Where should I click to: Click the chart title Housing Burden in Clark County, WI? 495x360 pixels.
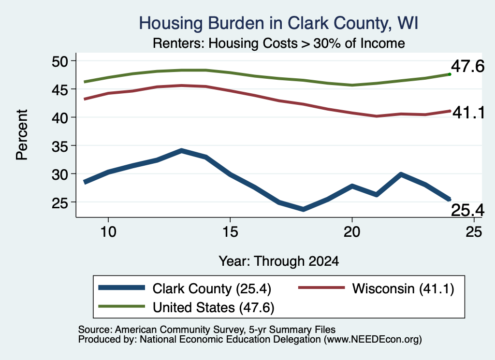point(279,23)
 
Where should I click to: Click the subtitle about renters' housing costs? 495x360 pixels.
point(279,43)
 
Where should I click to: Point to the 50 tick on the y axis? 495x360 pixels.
point(60,61)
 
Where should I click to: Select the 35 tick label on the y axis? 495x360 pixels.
point(60,146)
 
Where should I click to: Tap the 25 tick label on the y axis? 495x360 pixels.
point(60,202)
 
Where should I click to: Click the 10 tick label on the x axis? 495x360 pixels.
point(108,232)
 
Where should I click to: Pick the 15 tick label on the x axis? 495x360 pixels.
point(230,232)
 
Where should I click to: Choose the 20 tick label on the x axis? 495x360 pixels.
point(352,232)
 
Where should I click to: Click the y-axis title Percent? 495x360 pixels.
point(22,135)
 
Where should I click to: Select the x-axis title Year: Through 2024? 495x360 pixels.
point(279,261)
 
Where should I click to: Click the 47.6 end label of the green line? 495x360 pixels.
point(467,66)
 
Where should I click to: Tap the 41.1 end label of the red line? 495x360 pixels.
point(468,113)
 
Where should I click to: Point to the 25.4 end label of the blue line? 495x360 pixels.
point(467,210)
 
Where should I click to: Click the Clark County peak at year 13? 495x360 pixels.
point(181,151)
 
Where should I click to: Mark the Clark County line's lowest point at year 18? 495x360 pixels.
point(303,210)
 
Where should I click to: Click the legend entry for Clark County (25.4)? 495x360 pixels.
point(185,288)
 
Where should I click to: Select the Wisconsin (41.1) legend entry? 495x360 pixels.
point(376,288)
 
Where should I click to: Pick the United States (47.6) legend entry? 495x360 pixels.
point(186,307)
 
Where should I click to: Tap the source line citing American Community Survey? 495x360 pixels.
point(207,330)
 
